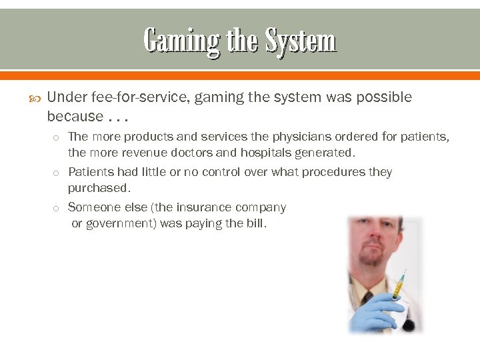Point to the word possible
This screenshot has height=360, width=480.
pyautogui.click(x=382, y=97)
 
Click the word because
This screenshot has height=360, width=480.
pyautogui.click(x=75, y=116)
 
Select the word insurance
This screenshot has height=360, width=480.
pyautogui.click(x=200, y=207)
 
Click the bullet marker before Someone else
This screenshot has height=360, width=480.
pyautogui.click(x=57, y=208)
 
